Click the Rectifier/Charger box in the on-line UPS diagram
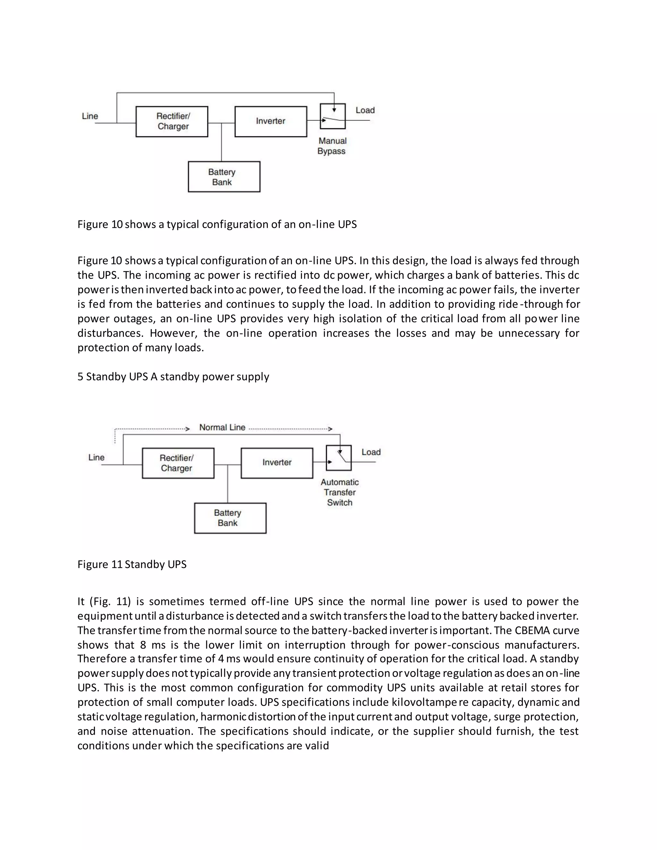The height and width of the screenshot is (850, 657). [172, 122]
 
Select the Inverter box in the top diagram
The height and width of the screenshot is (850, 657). [270, 122]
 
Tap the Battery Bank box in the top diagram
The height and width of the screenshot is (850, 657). [224, 177]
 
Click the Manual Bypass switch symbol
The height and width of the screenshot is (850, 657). [332, 116]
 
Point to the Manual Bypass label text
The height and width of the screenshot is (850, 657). [332, 146]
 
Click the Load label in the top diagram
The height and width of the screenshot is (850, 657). [365, 110]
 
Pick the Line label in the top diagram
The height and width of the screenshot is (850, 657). [90, 116]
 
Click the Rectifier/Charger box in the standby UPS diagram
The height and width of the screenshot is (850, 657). [178, 463]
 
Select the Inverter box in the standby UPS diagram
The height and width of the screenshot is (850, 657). [277, 463]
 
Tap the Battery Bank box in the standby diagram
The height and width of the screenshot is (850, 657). [230, 518]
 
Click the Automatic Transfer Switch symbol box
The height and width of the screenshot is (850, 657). [339, 458]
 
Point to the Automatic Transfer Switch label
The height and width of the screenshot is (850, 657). [339, 492]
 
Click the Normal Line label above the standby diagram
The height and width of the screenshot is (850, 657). [222, 427]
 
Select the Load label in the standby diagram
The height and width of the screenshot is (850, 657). [371, 452]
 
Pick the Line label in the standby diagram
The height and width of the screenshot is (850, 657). [96, 457]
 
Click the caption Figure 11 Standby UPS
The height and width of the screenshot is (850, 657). [132, 564]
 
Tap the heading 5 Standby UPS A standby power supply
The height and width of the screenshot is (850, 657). [173, 376]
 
